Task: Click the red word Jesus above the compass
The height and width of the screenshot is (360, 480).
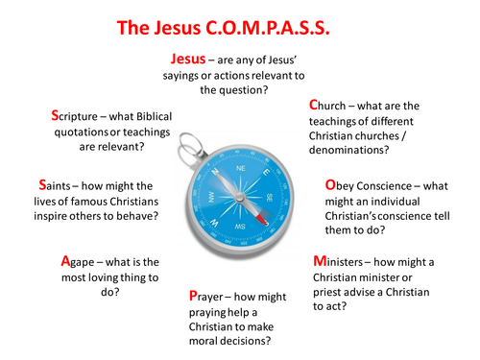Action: point(189,60)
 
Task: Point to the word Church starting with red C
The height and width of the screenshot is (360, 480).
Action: point(332,104)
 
